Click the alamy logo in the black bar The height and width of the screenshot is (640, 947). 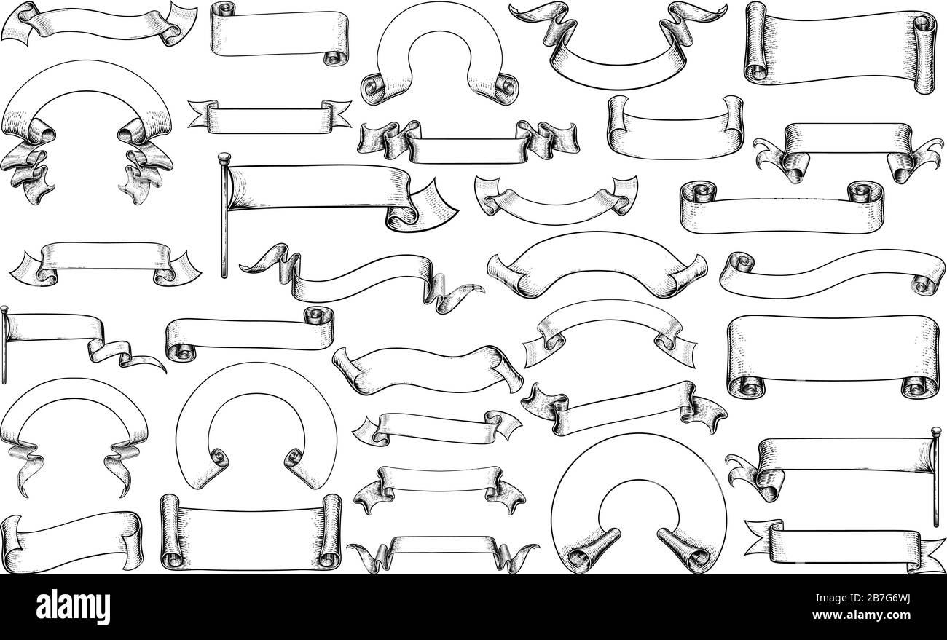(x=73, y=607)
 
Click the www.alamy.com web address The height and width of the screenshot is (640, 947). (x=861, y=615)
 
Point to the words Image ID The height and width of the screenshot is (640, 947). (x=836, y=598)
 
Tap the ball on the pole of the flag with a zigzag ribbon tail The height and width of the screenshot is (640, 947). (x=4, y=309)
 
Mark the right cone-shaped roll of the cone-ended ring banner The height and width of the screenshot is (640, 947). (x=685, y=550)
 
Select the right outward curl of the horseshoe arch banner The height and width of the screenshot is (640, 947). (x=495, y=88)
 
